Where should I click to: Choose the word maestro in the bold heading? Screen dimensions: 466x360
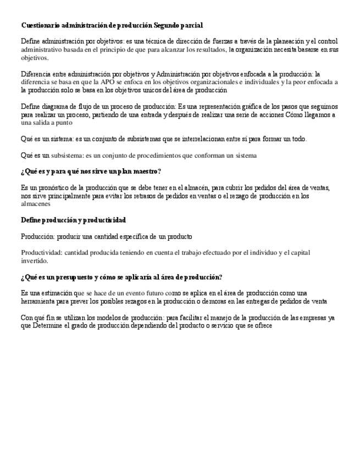pos(147,172)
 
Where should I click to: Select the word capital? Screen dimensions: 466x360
pos(298,253)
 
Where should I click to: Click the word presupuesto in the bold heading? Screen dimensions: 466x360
pos(71,276)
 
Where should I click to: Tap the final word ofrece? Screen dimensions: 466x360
pos(262,325)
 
